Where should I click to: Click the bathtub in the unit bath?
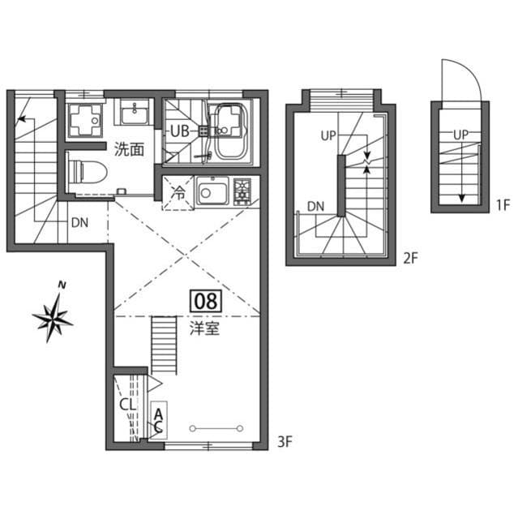click(x=231, y=131)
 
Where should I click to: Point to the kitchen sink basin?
click(x=213, y=193)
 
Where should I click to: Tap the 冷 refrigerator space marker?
click(x=178, y=193)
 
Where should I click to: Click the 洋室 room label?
click(x=204, y=329)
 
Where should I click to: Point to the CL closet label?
click(x=127, y=404)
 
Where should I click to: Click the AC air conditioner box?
click(x=158, y=419)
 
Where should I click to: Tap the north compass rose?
click(x=54, y=315)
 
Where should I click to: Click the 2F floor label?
click(x=409, y=259)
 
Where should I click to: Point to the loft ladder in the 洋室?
click(x=164, y=344)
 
